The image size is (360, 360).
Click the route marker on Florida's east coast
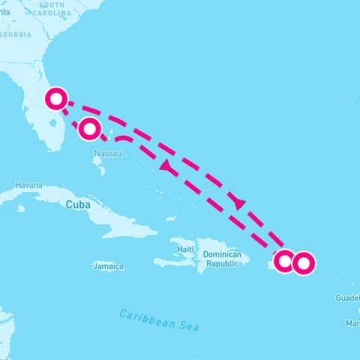(56, 99)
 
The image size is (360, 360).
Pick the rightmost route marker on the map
(303, 263)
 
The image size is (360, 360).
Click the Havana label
(28, 185)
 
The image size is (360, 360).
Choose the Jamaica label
(108, 266)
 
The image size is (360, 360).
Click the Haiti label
(185, 248)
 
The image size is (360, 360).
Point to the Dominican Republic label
(222, 259)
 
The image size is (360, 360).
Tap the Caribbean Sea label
(160, 321)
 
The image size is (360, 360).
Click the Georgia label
(16, 35)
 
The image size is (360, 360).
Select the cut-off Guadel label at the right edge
(348, 298)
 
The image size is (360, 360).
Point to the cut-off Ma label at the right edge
(352, 323)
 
